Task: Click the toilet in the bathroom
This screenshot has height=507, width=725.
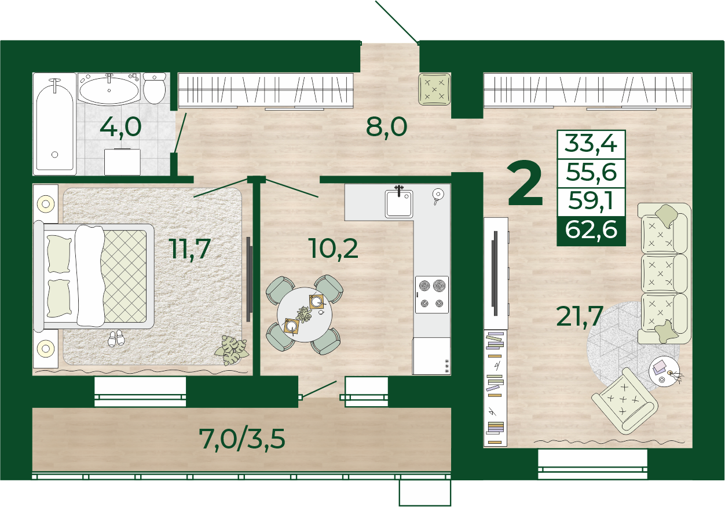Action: [x=155, y=88]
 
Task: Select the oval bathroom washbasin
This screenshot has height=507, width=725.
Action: [x=109, y=89]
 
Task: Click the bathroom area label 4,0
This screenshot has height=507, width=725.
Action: [x=120, y=127]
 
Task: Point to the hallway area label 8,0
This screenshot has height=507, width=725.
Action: [x=386, y=127]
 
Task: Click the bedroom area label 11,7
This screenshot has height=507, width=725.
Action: [x=190, y=249]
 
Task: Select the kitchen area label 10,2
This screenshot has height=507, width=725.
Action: [x=334, y=249]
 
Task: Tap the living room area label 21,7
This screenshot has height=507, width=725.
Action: [x=580, y=316]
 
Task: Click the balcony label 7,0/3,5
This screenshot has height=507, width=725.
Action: [x=242, y=439]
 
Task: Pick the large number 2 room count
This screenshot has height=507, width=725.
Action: [x=525, y=184]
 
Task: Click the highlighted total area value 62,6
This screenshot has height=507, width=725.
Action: [x=591, y=229]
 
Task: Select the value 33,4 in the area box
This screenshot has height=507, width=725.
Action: [x=591, y=144]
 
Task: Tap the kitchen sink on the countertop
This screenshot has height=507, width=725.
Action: [x=399, y=203]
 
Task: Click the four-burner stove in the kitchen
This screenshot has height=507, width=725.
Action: [x=432, y=294]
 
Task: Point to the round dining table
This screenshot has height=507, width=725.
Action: [x=304, y=315]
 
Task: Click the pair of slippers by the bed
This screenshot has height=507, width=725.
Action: [x=116, y=338]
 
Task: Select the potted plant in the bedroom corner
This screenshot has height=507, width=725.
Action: [x=232, y=350]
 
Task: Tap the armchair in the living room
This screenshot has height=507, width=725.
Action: [x=625, y=402]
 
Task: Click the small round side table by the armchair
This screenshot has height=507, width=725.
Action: [x=664, y=371]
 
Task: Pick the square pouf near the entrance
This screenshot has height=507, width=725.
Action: [x=434, y=89]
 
